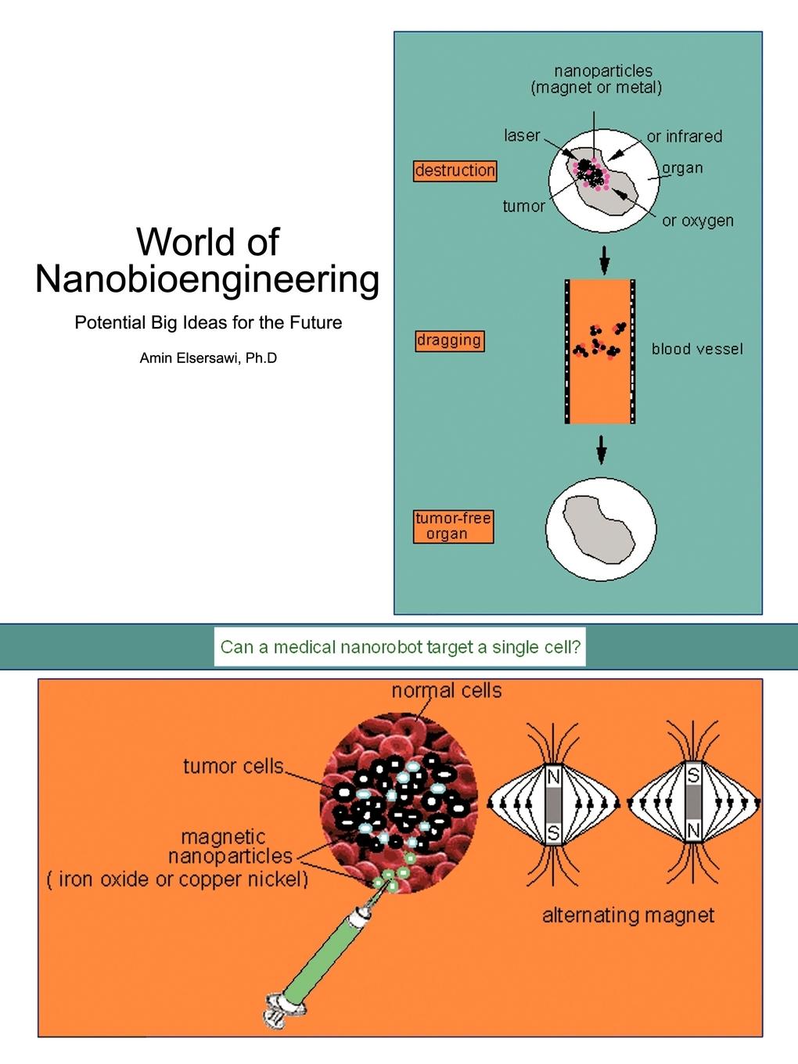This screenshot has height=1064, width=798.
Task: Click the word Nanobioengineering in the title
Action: coord(207,279)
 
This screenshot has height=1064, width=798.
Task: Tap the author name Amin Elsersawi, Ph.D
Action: coord(208,359)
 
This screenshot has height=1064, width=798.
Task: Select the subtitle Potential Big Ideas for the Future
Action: coord(208,322)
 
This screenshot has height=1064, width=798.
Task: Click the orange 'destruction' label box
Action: coord(455,171)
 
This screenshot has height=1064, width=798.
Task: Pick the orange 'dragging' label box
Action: coord(449,340)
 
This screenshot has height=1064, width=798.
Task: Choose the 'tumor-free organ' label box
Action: coord(453,526)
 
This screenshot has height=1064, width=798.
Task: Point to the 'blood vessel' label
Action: coord(697,349)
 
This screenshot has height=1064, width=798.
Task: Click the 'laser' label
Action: coord(522,135)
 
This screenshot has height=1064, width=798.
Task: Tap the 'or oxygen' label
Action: coord(698,221)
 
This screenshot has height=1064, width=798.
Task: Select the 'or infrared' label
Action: coord(684,136)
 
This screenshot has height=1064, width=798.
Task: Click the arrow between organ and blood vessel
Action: coord(604,260)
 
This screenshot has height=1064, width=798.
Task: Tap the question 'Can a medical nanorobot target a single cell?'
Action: coord(400,647)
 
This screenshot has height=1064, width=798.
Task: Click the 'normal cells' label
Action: coord(447,690)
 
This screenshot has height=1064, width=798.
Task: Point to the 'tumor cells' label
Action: coord(233,765)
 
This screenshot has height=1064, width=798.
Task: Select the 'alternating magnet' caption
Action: coord(628,915)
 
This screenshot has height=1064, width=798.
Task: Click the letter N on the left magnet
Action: coord(553,777)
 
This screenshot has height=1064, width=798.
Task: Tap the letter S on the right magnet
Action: coord(693,776)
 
